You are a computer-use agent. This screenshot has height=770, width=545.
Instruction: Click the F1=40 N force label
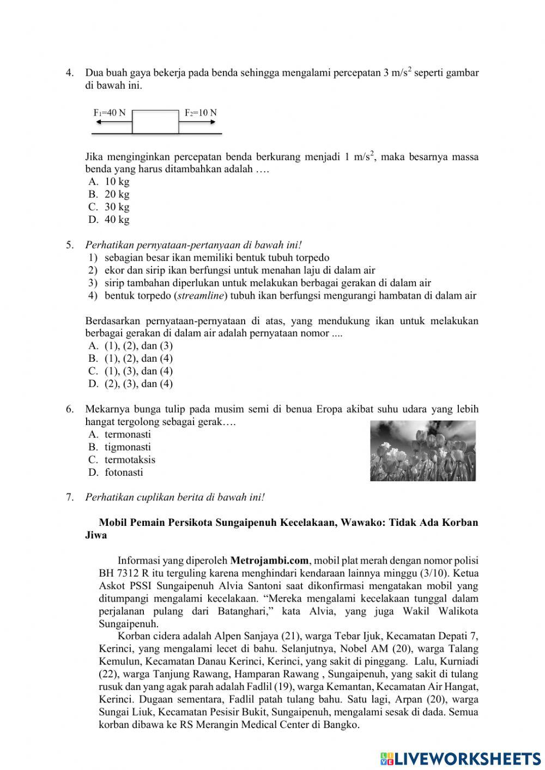click(110, 113)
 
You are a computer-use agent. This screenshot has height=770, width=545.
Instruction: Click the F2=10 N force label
click(201, 113)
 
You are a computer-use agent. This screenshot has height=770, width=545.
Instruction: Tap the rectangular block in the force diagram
click(155, 122)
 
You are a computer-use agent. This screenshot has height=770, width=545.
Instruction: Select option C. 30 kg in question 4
click(109, 207)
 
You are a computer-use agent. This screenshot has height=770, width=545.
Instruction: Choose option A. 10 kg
click(109, 181)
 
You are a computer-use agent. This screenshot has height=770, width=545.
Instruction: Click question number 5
click(70, 245)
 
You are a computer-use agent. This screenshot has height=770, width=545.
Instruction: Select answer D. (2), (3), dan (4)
click(131, 384)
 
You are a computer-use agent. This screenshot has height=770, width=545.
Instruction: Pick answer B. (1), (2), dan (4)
click(131, 359)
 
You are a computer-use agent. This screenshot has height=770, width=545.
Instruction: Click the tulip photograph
click(422, 451)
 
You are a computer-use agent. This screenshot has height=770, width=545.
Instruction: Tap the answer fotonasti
click(117, 472)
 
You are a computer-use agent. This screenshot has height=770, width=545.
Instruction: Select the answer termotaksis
click(123, 460)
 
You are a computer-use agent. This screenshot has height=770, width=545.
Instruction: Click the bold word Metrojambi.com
click(270, 560)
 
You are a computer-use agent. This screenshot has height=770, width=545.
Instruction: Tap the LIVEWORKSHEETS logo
click(461, 758)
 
